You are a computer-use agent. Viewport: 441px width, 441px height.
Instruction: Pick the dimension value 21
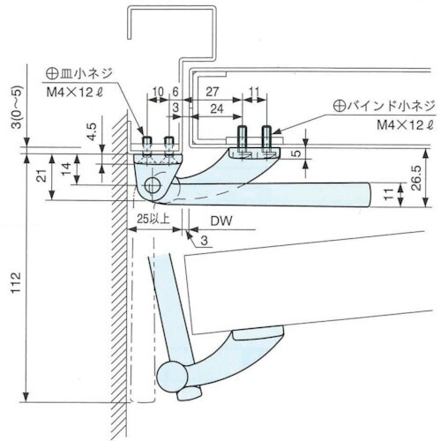point(39,177)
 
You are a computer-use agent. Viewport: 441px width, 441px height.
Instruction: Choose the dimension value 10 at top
point(157,91)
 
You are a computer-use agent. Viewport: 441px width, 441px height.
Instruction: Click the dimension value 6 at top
point(176,91)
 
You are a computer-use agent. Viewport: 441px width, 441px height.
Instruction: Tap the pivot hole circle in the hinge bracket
point(155,186)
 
